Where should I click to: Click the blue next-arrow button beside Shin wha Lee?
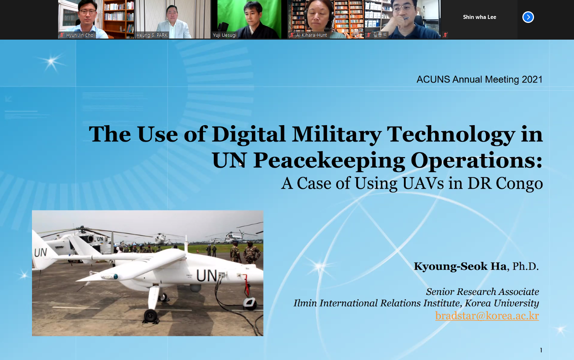click(528, 17)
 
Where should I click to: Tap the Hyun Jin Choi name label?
click(80, 35)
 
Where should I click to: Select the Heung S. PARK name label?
click(152, 35)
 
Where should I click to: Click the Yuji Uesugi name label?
click(225, 35)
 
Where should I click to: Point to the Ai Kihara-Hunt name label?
click(311, 35)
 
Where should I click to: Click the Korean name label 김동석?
click(380, 35)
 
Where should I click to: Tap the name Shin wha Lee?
click(479, 17)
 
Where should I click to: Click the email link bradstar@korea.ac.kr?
click(487, 316)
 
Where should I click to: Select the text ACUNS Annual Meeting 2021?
click(479, 80)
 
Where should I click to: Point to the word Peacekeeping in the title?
click(329, 160)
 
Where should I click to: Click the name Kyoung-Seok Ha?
click(460, 267)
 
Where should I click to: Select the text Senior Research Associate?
click(482, 292)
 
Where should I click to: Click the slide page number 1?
click(541, 350)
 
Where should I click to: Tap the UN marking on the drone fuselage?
click(206, 276)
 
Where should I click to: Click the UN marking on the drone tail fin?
click(40, 253)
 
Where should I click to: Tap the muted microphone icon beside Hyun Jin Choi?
click(62, 35)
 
